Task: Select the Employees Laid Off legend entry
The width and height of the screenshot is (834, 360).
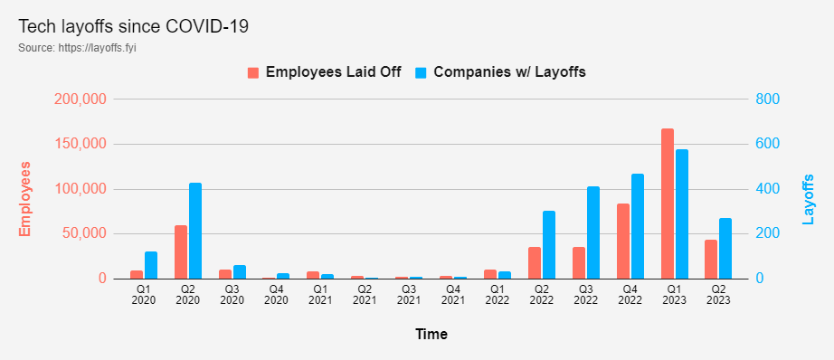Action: coord(324,72)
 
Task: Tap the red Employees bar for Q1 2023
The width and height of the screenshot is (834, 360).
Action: coord(668,204)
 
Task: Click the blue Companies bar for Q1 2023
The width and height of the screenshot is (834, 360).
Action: coord(682,213)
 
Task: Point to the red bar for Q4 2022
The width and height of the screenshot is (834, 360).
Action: coord(623,241)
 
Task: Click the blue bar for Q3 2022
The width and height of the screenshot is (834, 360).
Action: coord(593,232)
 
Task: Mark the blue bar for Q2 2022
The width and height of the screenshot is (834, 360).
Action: coord(549,244)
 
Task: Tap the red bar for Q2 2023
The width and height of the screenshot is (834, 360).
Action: coord(711,259)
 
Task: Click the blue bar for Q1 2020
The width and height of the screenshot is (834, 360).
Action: coord(151,265)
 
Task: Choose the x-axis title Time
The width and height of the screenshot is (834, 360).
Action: coord(431,335)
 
